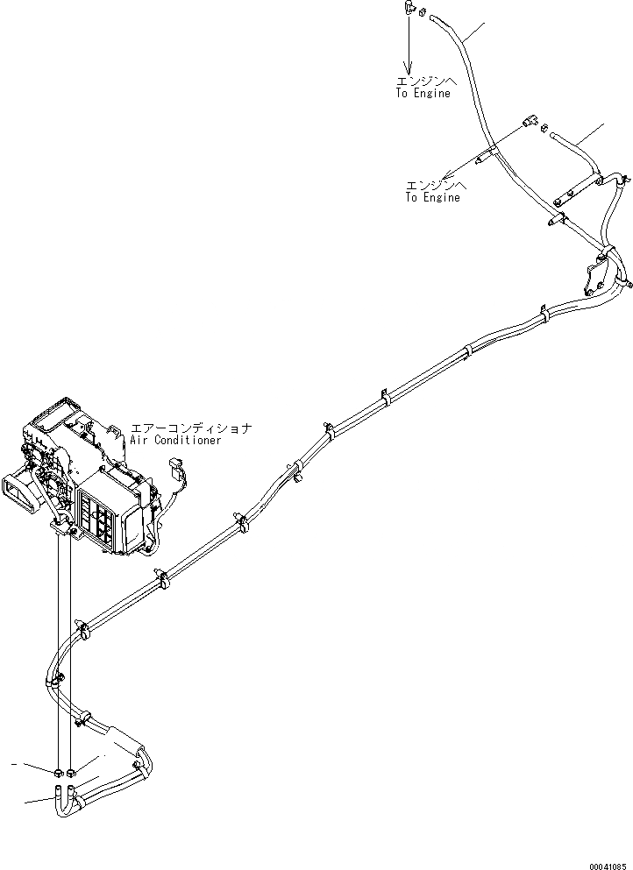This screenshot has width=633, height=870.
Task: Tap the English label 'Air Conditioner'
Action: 175,441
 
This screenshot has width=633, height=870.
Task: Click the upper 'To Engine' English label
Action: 422,94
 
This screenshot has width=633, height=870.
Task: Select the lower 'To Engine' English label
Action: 432,198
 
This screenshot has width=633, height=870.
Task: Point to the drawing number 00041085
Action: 608,862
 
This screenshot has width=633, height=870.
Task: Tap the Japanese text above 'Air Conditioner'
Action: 191,428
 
